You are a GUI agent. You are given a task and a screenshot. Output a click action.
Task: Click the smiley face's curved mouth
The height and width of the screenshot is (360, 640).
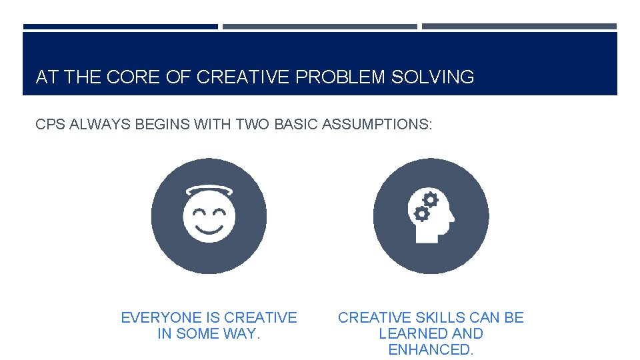209,230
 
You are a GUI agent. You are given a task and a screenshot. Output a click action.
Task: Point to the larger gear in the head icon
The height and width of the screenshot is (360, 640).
431,199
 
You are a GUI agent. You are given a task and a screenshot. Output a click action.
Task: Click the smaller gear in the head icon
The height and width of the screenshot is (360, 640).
421,214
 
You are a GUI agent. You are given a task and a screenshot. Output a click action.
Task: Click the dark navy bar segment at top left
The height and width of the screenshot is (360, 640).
121,27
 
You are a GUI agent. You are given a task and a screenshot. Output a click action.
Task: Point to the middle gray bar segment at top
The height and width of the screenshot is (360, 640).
320,27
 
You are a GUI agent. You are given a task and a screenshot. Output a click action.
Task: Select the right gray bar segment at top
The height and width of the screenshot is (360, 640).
519,27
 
